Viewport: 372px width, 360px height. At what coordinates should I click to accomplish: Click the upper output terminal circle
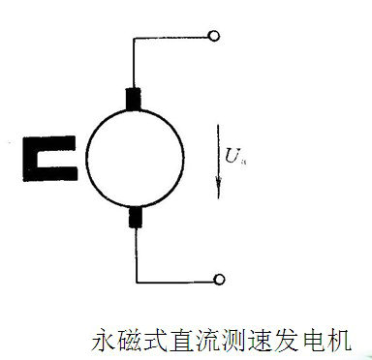(x=213, y=37)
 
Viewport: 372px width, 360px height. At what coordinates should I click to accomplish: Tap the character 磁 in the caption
(x=131, y=340)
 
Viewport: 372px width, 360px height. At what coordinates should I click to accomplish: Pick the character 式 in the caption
(x=157, y=340)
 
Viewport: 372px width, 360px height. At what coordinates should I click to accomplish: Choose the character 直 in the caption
(x=183, y=340)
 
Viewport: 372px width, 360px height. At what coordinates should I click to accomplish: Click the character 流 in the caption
(x=209, y=340)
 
